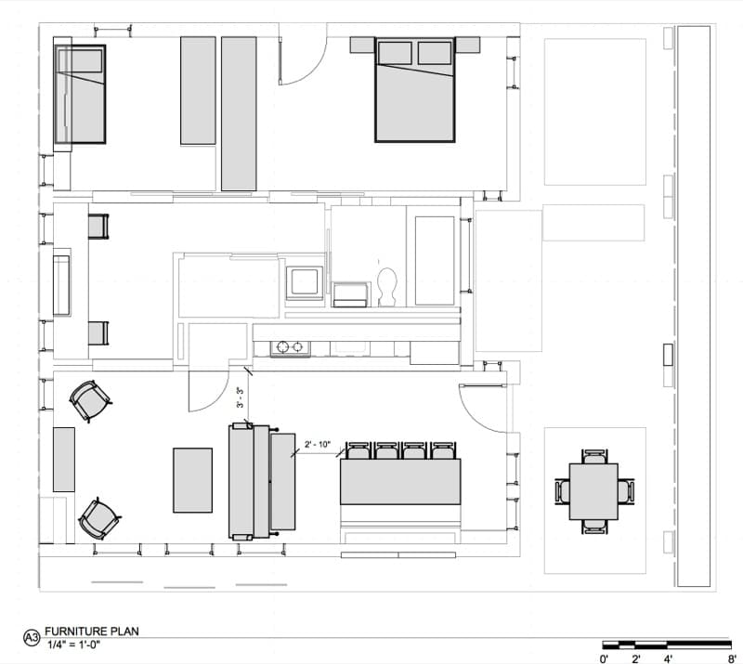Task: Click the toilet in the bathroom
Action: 387,287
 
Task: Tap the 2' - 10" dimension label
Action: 318,445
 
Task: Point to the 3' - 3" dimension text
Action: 241,398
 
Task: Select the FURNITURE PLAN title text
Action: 91,631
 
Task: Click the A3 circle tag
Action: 32,638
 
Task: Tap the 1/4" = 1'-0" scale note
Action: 73,644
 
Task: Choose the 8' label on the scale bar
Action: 732,658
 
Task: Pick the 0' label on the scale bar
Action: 604,658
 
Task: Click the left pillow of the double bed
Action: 396,53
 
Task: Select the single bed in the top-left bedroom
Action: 80,94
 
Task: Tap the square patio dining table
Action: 593,491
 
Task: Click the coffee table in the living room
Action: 192,480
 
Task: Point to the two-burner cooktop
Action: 290,347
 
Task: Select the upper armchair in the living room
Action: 90,401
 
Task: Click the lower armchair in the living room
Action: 99,519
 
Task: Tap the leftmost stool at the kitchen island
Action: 358,450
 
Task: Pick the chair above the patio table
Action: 593,456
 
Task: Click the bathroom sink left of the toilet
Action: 351,294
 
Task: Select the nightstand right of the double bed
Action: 468,45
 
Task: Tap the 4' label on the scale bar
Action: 668,658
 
